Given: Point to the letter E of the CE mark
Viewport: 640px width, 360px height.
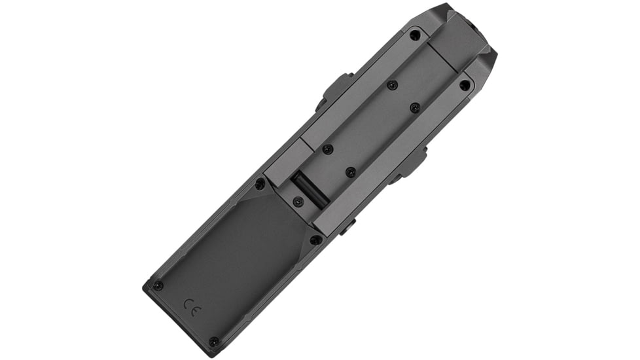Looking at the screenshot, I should (x=196, y=304).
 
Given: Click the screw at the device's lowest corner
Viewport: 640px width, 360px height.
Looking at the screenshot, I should (x=213, y=341).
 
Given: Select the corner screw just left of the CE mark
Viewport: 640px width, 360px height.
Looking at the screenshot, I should (x=157, y=285).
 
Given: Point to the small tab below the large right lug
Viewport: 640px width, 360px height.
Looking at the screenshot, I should (x=347, y=226).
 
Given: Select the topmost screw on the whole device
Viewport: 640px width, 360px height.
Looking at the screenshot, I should (x=414, y=35).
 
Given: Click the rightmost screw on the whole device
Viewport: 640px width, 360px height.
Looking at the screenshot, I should (x=465, y=84).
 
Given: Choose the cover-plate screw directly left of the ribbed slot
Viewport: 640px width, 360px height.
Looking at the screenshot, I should (x=260, y=184).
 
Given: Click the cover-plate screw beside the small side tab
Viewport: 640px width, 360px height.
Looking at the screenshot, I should (x=315, y=240).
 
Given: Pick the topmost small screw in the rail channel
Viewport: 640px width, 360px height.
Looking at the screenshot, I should (x=392, y=85).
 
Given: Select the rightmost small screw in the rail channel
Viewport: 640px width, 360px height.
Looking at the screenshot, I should (x=415, y=107).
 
